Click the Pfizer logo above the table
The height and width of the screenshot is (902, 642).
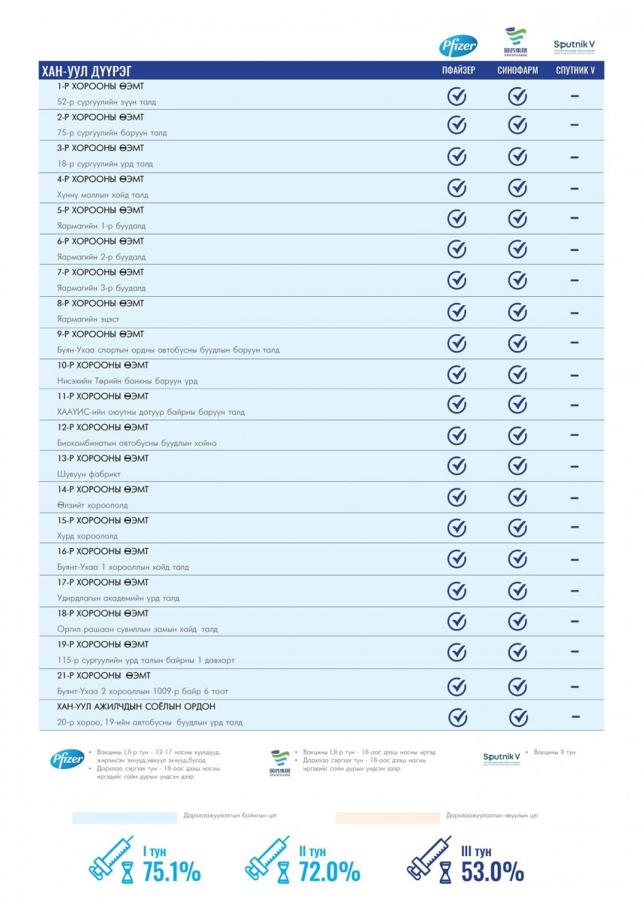pyautogui.click(x=457, y=46)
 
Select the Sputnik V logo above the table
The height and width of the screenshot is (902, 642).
pyautogui.click(x=574, y=46)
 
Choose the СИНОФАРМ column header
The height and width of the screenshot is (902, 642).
pyautogui.click(x=517, y=71)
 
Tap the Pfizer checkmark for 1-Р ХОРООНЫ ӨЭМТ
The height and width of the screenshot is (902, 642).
pyautogui.click(x=457, y=96)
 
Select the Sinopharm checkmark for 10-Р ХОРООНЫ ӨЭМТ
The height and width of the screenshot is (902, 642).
pyautogui.click(x=517, y=374)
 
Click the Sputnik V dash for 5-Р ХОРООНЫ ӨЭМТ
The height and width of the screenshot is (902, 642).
pyautogui.click(x=574, y=218)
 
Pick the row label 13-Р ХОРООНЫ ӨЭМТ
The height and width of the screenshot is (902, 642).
pyautogui.click(x=103, y=459)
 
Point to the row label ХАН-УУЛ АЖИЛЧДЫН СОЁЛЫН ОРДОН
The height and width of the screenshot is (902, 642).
pyautogui.click(x=136, y=707)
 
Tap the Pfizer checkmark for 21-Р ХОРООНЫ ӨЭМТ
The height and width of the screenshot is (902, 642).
pyautogui.click(x=457, y=686)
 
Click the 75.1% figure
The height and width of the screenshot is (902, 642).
pyautogui.click(x=172, y=872)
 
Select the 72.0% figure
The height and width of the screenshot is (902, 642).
pyautogui.click(x=330, y=872)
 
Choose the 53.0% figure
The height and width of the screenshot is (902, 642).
pyautogui.click(x=493, y=872)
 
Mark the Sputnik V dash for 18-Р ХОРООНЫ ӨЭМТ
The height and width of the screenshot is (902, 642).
pyautogui.click(x=574, y=622)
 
